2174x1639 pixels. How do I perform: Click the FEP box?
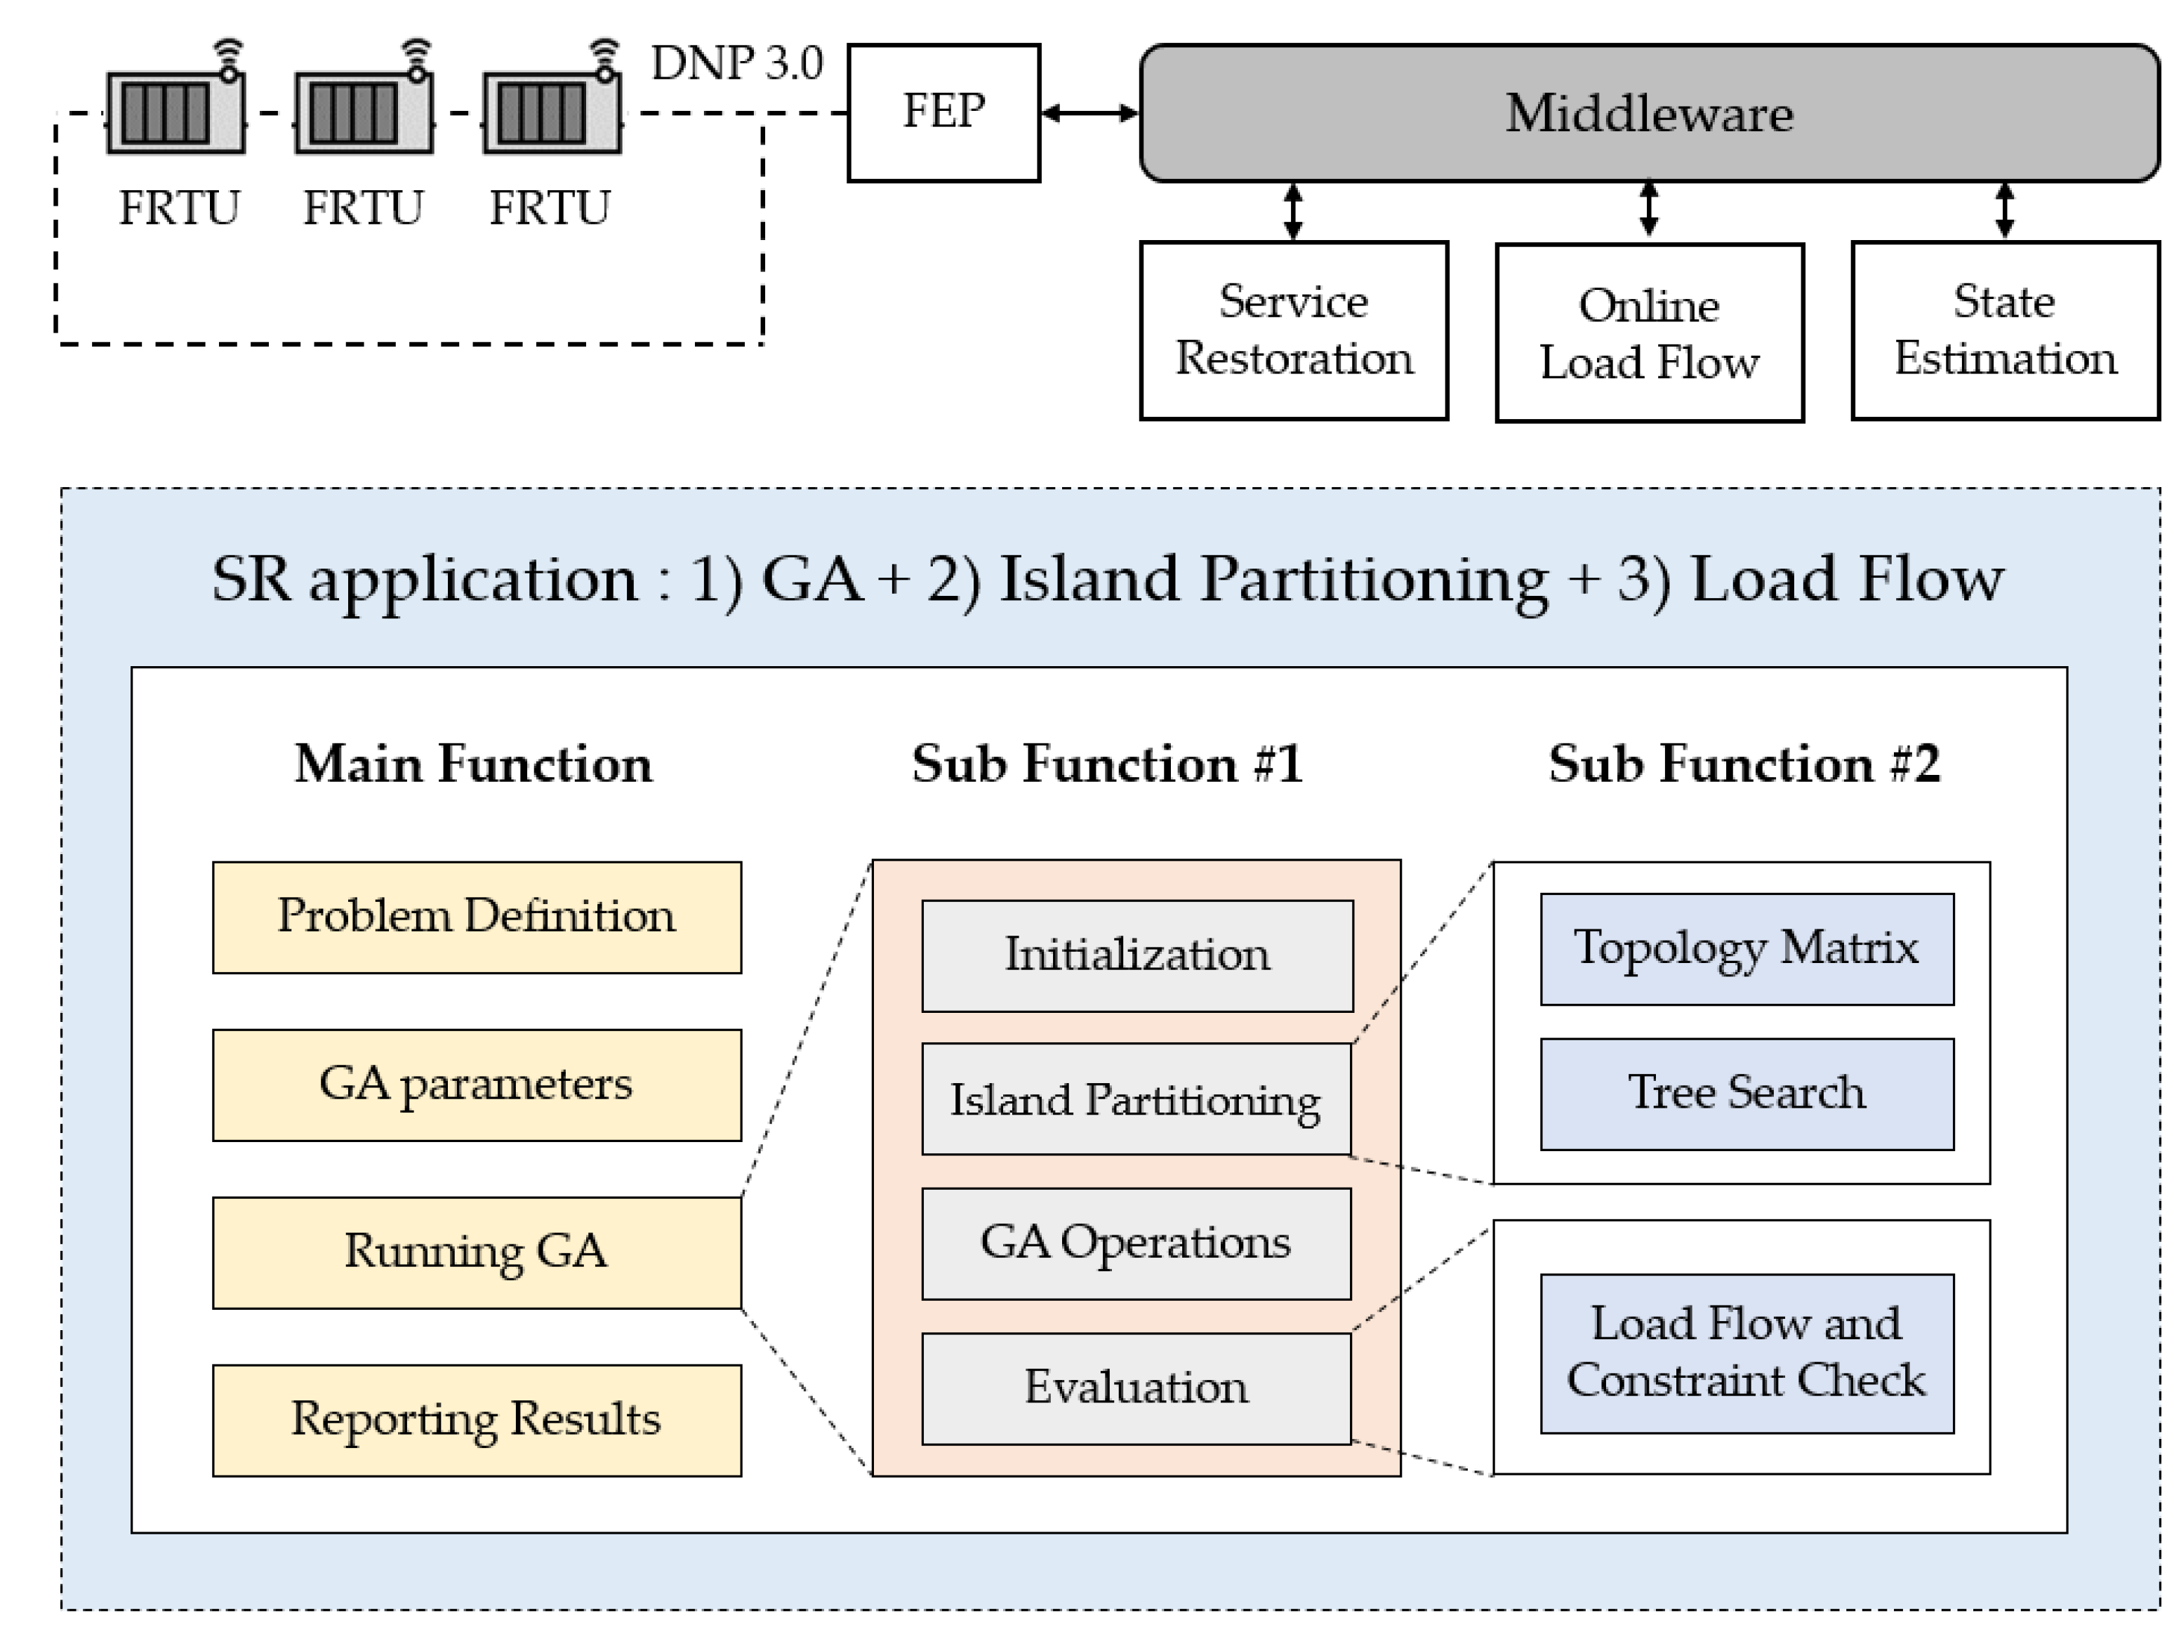coord(943,113)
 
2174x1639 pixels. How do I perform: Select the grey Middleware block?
coord(1648,113)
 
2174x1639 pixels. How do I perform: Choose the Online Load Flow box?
coord(1649,333)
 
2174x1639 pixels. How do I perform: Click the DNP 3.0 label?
coord(737,64)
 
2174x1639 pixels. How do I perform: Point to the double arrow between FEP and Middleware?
coord(1089,113)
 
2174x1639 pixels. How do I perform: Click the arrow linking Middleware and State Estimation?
coord(2004,211)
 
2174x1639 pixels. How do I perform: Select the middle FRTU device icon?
coord(363,113)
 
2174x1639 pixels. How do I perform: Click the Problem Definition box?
coord(477,917)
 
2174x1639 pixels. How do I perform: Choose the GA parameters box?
coord(477,1084)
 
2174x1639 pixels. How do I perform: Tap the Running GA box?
coord(477,1252)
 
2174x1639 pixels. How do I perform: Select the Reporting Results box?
coord(477,1420)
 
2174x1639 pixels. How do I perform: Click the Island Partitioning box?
coord(1136,1099)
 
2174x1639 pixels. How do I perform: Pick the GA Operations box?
coord(1136,1243)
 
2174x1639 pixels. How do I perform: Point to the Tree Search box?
coord(1747,1093)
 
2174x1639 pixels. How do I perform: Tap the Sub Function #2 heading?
coord(1744,764)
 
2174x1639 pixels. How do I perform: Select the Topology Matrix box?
coord(1747,948)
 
